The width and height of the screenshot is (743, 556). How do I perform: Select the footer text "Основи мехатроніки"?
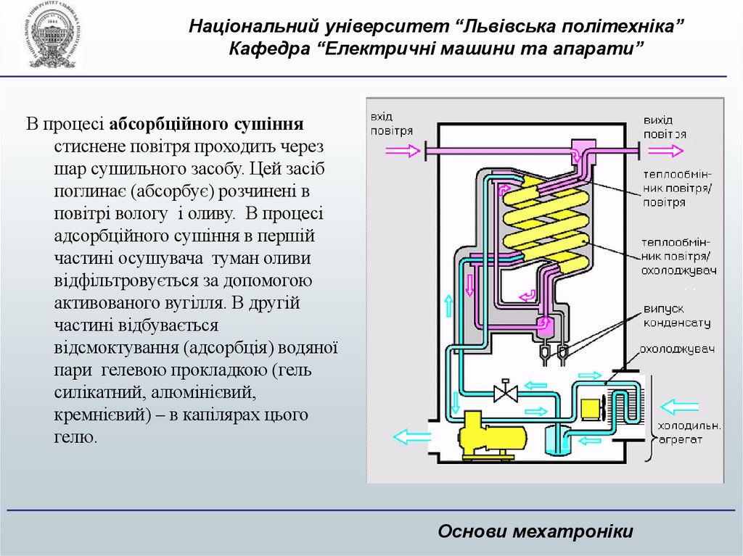[535, 531]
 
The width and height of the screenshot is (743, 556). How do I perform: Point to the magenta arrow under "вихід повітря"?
[665, 151]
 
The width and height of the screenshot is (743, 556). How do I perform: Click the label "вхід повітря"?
[391, 124]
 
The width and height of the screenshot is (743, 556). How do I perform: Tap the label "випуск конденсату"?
[675, 316]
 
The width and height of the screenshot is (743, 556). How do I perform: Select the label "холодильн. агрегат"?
[689, 432]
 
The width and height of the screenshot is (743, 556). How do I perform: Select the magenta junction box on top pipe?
[582, 154]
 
